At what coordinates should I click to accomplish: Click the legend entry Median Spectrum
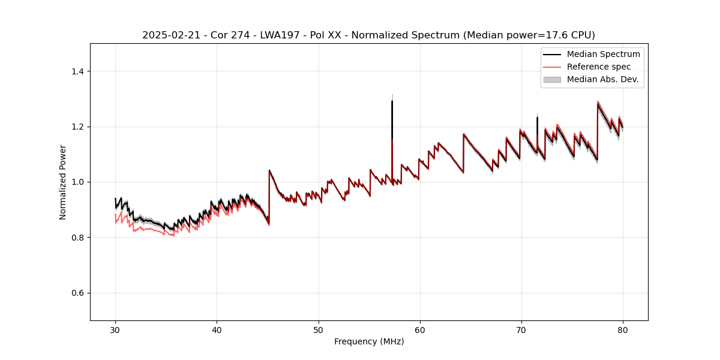[x=603, y=54]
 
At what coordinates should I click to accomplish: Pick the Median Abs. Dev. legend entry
[x=602, y=79]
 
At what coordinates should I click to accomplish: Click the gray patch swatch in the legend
[x=552, y=79]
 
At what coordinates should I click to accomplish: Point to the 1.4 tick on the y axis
[x=79, y=71]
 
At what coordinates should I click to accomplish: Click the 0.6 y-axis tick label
[x=79, y=293]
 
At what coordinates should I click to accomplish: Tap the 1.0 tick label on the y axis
[x=79, y=182]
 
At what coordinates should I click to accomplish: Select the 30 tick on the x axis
[x=116, y=329]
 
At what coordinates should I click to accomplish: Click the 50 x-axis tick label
[x=319, y=329]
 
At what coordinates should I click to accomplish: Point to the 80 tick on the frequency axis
[x=623, y=329]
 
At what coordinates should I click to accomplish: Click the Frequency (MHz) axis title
[x=369, y=341]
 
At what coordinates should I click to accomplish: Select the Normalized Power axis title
[x=63, y=182]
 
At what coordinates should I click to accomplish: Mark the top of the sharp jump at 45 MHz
[x=269, y=170]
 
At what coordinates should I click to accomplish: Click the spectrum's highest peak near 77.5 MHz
[x=598, y=102]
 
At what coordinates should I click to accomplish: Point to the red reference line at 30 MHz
[x=116, y=215]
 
